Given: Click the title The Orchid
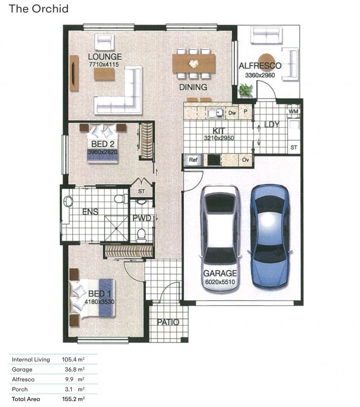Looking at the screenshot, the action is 39,9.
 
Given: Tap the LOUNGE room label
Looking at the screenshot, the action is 105,57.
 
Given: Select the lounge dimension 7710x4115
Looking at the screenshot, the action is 104,64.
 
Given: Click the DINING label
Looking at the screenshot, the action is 193,87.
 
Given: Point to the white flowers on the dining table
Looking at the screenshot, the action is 193,63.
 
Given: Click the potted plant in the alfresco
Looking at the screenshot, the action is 245,90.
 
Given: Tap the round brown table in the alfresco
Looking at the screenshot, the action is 266,62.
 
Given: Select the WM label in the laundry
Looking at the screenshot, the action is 293,112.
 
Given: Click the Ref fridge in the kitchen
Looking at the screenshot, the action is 193,160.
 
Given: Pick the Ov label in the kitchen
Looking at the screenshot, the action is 245,160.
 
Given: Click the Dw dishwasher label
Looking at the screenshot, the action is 232,113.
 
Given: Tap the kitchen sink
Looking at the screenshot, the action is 216,113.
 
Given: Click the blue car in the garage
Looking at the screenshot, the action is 270,237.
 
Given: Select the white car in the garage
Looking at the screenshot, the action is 220,237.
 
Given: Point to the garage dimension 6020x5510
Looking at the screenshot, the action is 220,282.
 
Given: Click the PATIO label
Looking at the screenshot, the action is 168,322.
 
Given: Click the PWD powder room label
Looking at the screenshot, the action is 142,218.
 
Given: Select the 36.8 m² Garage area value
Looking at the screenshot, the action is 75,369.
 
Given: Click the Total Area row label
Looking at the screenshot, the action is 26,399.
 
